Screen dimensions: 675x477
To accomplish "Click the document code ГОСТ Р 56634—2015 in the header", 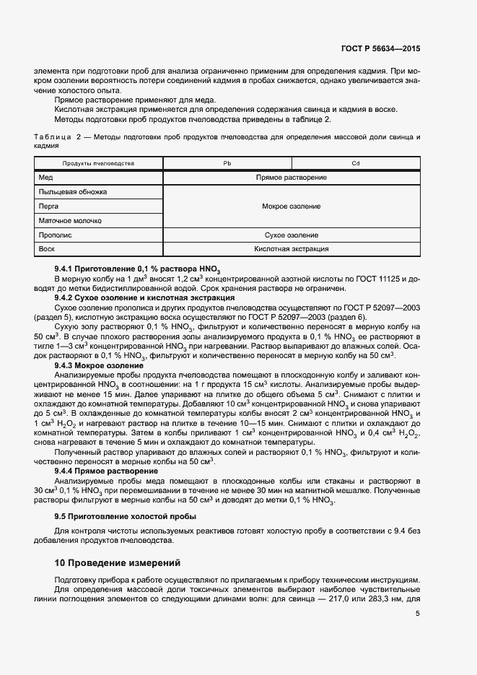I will pos(380,49).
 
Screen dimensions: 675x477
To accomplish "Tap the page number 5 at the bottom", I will pos(417,614).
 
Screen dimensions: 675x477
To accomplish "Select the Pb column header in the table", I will pos(227,163).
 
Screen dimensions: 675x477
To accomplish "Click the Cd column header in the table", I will pos(355,163).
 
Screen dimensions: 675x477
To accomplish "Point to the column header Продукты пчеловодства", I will pos(98,163).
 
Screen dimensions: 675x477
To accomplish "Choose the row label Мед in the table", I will pos(46,178).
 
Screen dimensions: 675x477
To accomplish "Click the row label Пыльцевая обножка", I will pos(73,192).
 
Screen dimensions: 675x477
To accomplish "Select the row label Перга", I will pos(49,206).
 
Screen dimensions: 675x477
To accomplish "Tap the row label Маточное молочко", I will pos(70,221).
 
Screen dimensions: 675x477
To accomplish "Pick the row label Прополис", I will pos(54,235).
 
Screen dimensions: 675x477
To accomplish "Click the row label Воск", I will pos(47,249).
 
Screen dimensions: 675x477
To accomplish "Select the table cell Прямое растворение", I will pos(292,178).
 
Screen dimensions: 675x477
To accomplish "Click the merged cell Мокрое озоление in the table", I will pos(292,206).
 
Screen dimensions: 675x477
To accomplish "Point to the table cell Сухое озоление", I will pos(292,235).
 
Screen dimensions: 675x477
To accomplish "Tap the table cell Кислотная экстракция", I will pos(292,249).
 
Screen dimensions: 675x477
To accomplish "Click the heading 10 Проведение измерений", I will pos(118,562).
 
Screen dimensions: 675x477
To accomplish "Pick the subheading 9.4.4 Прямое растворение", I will pos(107,471).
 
